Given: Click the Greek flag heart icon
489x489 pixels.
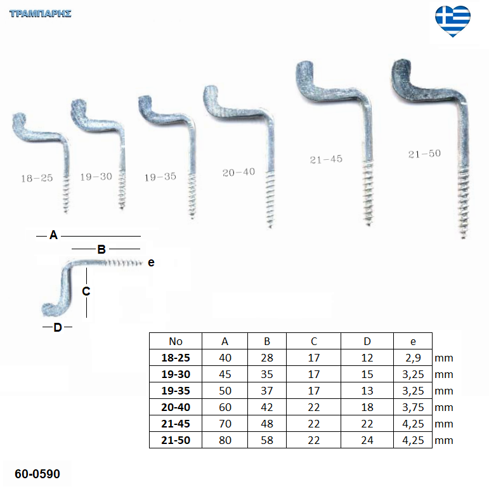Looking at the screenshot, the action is [x=453, y=21].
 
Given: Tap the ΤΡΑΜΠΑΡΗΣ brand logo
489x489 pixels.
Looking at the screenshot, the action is [x=41, y=14].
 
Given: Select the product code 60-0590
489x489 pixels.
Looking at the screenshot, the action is [x=37, y=474].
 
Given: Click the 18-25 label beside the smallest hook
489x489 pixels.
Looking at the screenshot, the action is [x=37, y=178].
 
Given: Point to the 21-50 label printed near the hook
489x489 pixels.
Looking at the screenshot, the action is [x=424, y=153].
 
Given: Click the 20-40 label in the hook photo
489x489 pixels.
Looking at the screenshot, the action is [x=238, y=172].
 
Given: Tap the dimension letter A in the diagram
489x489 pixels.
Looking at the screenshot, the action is [x=54, y=235].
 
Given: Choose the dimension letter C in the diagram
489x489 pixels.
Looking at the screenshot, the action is [x=86, y=291].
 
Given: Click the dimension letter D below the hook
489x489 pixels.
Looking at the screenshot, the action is [x=58, y=327].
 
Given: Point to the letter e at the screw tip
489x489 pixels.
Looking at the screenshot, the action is [x=151, y=263].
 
